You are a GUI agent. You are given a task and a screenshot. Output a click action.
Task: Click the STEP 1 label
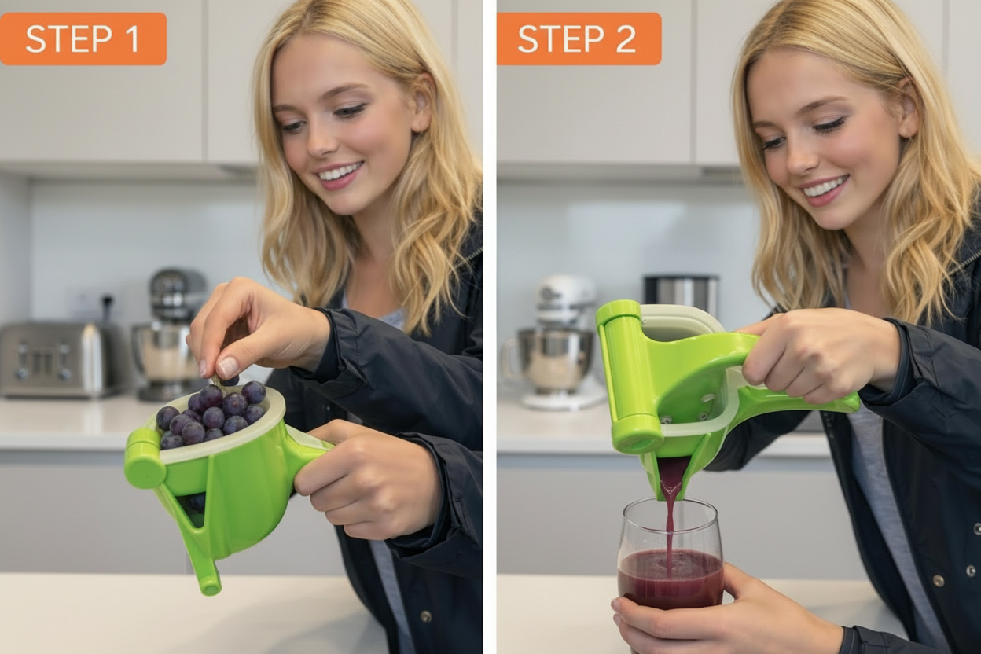coord(83,39)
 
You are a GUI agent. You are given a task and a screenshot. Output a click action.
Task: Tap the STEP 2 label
coord(578,39)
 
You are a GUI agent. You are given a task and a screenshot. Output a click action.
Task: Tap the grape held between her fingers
coord(229,380)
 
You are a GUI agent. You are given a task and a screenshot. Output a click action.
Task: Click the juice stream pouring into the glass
coord(670,519)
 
